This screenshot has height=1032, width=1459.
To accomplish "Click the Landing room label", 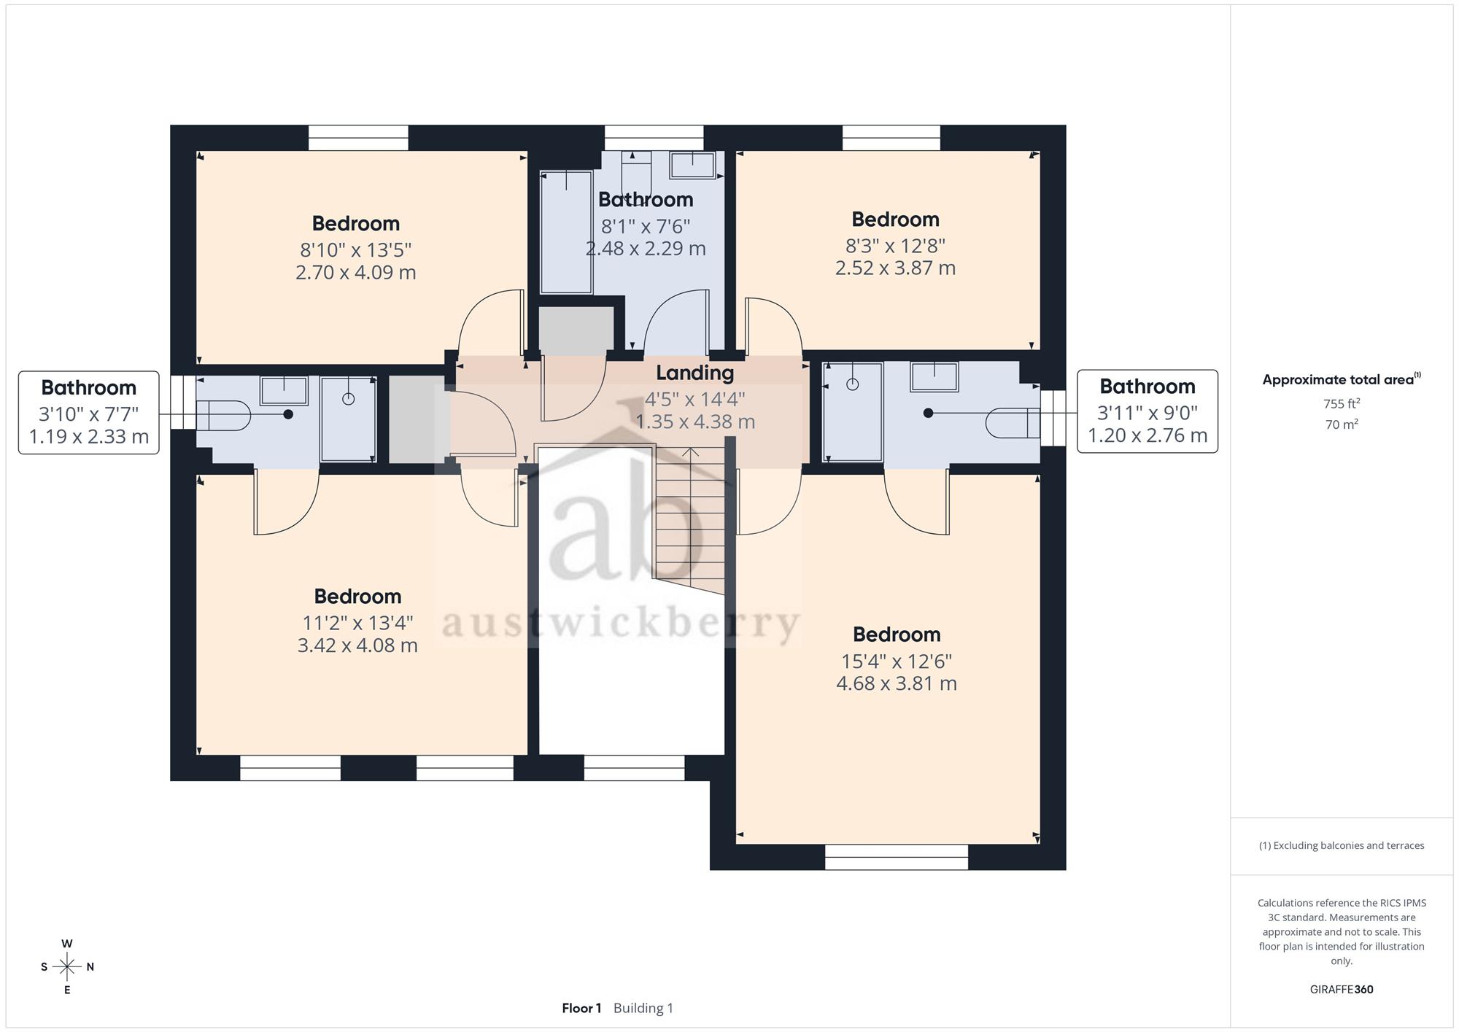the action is pyautogui.click(x=694, y=373).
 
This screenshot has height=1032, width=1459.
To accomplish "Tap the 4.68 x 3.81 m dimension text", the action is pyautogui.click(x=897, y=683).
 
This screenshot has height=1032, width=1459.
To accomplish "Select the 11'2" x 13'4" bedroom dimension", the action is pyautogui.click(x=357, y=623).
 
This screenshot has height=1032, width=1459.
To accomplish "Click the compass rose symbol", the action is pyautogui.click(x=67, y=967).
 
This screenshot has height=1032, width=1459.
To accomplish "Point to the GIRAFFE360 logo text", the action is pyautogui.click(x=1342, y=990).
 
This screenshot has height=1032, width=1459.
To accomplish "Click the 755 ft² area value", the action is pyautogui.click(x=1342, y=403).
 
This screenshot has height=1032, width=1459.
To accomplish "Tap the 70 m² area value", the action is pyautogui.click(x=1342, y=424).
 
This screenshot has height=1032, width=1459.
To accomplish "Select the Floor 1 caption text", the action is pyautogui.click(x=581, y=1008).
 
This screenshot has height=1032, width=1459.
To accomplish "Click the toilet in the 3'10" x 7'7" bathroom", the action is pyautogui.click(x=223, y=416).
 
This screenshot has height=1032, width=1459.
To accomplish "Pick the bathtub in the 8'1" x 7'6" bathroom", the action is pyautogui.click(x=566, y=232).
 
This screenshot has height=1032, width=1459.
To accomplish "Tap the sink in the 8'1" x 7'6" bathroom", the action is pyautogui.click(x=692, y=165).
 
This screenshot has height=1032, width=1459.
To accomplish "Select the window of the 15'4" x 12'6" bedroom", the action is pyautogui.click(x=897, y=857).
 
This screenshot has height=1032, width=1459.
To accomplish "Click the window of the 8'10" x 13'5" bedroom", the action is pyautogui.click(x=358, y=138).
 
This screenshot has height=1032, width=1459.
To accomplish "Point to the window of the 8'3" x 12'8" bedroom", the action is pyautogui.click(x=891, y=138).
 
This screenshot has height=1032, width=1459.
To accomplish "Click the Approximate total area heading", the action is pyautogui.click(x=1342, y=379).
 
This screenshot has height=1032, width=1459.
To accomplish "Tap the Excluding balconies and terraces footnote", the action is pyautogui.click(x=1342, y=846).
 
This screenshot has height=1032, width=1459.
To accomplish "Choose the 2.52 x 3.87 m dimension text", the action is pyautogui.click(x=895, y=268).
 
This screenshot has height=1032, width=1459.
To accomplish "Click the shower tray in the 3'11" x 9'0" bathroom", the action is pyautogui.click(x=853, y=412).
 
